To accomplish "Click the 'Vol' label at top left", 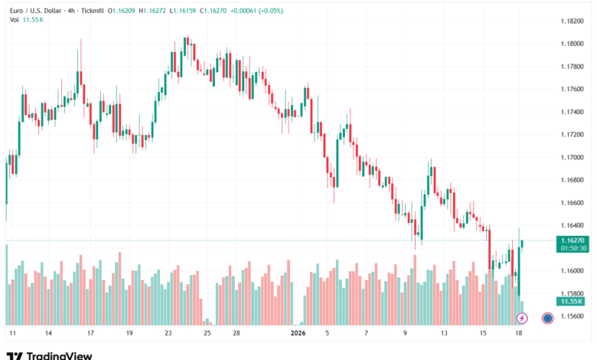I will click(x=14, y=21).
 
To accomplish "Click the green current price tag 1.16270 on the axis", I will click(x=573, y=240).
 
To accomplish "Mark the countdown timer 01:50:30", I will click(x=573, y=248).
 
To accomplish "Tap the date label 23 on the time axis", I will click(x=168, y=334).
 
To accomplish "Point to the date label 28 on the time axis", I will click(x=237, y=334).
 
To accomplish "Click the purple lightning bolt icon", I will click(x=522, y=317).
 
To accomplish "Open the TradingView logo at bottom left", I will click(x=50, y=355).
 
